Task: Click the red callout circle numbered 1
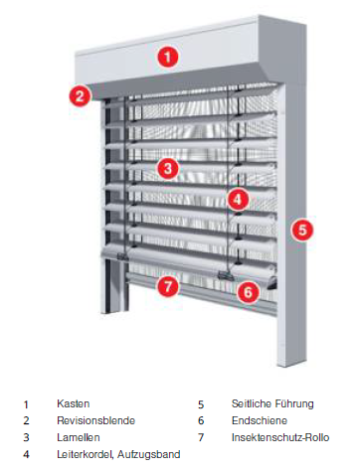click(168, 57)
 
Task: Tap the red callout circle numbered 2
click(80, 96)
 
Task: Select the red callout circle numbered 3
click(168, 168)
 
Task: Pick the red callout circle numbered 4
click(238, 200)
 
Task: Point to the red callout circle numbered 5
click(302, 230)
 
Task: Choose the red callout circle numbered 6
click(248, 292)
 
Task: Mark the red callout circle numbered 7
click(168, 286)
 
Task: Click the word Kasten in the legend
click(74, 403)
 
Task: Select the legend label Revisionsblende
click(96, 420)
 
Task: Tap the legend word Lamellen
click(79, 437)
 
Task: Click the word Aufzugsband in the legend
click(149, 454)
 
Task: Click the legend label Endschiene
click(260, 420)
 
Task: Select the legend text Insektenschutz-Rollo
click(280, 437)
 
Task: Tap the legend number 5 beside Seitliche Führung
click(201, 404)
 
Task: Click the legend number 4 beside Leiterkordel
click(26, 455)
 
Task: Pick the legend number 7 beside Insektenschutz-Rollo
click(201, 438)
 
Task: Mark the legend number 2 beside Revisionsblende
click(26, 421)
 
